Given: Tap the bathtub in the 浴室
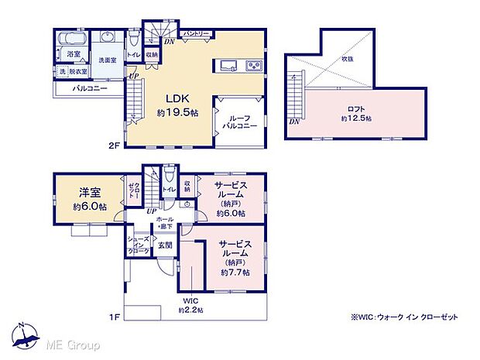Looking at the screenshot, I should tap(74, 38).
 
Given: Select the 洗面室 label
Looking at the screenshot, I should tap(106, 59).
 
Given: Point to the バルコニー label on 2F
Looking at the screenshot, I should tap(89, 89).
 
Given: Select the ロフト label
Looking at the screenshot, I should tap(355, 109).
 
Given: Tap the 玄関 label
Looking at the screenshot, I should tap(166, 245).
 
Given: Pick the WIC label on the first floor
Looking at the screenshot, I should tap(190, 300).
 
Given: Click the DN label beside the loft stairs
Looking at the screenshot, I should tap(294, 122).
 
